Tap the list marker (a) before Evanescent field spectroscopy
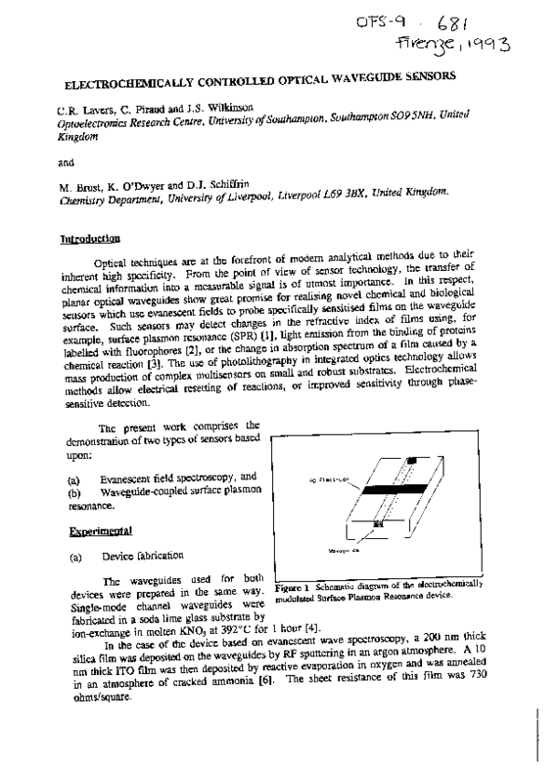(x=73, y=477)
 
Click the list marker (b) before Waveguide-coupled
(x=73, y=491)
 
